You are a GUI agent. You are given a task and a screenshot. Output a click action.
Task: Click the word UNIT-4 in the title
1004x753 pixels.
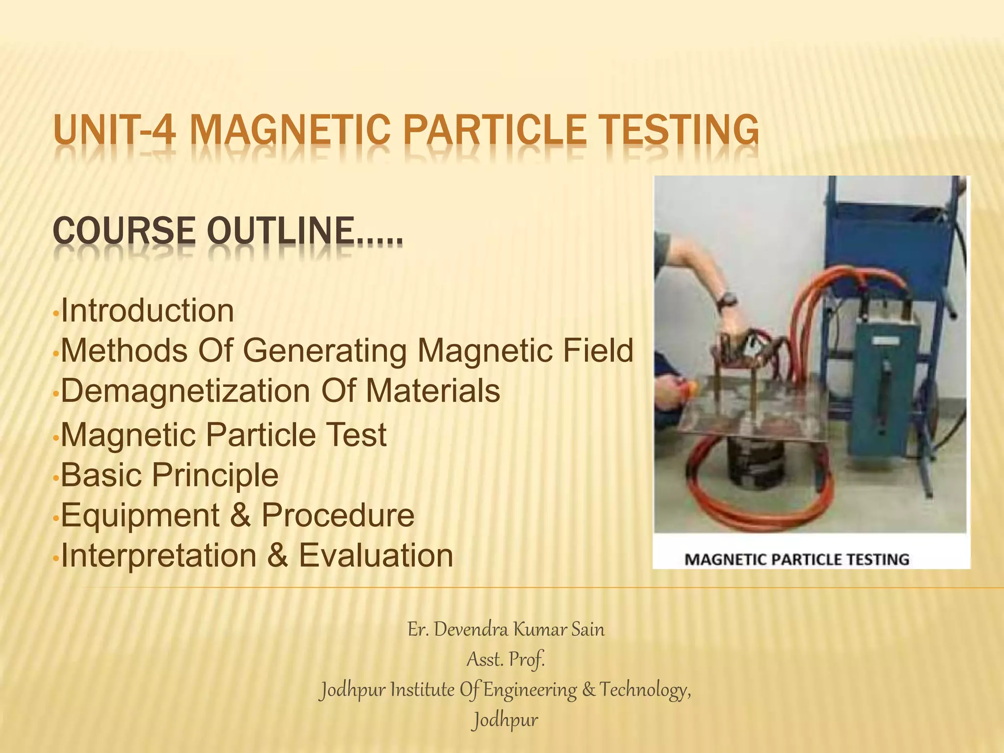tap(114, 130)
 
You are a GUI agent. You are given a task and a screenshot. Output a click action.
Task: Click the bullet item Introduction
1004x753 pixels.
tap(147, 311)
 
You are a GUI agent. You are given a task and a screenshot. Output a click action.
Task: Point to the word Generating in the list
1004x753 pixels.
tap(324, 351)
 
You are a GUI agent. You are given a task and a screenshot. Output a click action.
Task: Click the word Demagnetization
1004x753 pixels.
tap(185, 391)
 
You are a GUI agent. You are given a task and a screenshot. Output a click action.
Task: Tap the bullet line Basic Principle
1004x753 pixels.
tap(169, 475)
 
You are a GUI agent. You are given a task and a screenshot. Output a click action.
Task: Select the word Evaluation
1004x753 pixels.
tap(376, 555)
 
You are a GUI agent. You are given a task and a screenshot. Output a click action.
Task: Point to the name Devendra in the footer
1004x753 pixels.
tap(471, 629)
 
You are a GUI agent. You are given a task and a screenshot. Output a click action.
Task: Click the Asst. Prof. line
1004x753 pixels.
tap(505, 660)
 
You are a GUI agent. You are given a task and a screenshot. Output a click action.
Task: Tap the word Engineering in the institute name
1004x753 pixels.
tap(530, 690)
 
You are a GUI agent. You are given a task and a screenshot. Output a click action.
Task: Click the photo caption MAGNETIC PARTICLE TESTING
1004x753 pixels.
tap(797, 559)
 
